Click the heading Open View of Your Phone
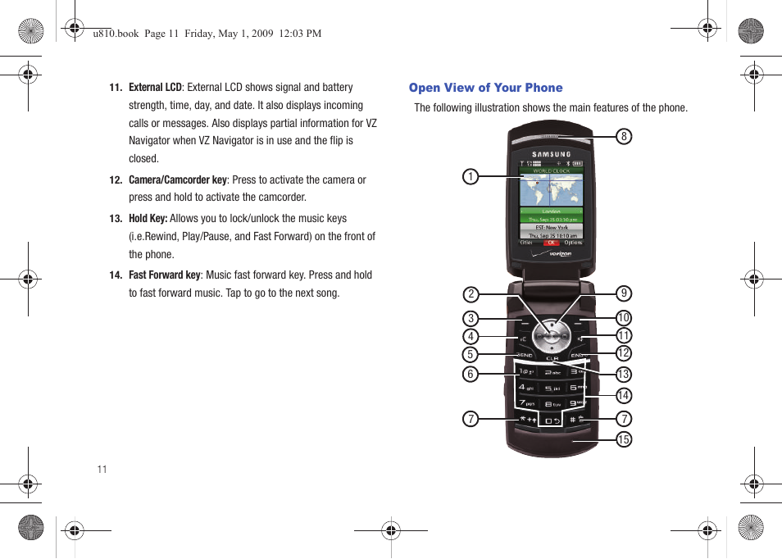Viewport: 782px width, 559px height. tap(485, 88)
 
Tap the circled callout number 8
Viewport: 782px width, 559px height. tap(624, 137)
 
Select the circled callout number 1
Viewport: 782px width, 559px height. tap(470, 176)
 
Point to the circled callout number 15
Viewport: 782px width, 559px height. tap(624, 439)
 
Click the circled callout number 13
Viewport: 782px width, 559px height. tap(624, 375)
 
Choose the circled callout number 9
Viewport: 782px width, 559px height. tap(624, 293)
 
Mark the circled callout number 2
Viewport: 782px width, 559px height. tap(471, 294)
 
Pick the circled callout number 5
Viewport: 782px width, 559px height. tap(471, 354)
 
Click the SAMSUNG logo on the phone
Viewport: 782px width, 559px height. tap(552, 154)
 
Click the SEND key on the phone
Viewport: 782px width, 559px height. tap(525, 355)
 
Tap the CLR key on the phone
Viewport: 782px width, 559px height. tap(552, 358)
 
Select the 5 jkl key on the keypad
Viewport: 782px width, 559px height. tap(552, 387)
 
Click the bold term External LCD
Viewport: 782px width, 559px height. tap(155, 87)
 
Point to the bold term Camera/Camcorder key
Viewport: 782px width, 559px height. tap(178, 180)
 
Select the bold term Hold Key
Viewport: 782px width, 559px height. tap(148, 218)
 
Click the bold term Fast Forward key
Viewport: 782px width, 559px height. tap(164, 275)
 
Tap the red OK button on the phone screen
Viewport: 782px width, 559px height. tap(552, 243)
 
